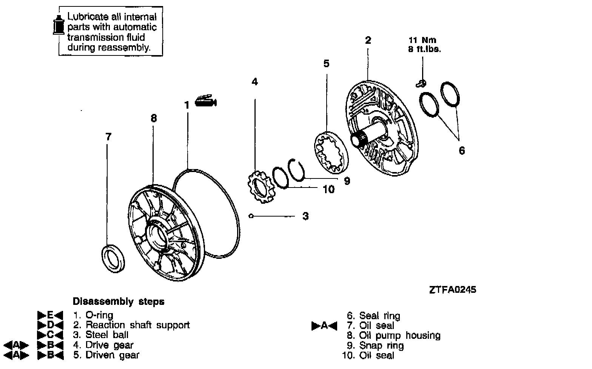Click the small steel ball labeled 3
pyautogui.click(x=251, y=216)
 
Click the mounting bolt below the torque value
pyautogui.click(x=422, y=82)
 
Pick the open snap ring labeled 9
pyautogui.click(x=297, y=169)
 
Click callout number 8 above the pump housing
pyautogui.click(x=153, y=118)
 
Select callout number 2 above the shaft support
pyautogui.click(x=368, y=40)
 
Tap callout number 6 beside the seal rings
pyautogui.click(x=461, y=151)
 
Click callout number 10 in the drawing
pyautogui.click(x=328, y=189)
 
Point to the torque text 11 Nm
pyautogui.click(x=422, y=40)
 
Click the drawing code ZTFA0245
pyautogui.click(x=452, y=289)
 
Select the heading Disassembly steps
pyautogui.click(x=118, y=301)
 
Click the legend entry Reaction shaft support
pyautogui.click(x=137, y=325)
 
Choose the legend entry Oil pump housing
pyautogui.click(x=399, y=335)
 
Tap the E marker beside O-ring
pyautogui.click(x=50, y=315)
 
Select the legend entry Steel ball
pyautogui.click(x=107, y=335)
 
